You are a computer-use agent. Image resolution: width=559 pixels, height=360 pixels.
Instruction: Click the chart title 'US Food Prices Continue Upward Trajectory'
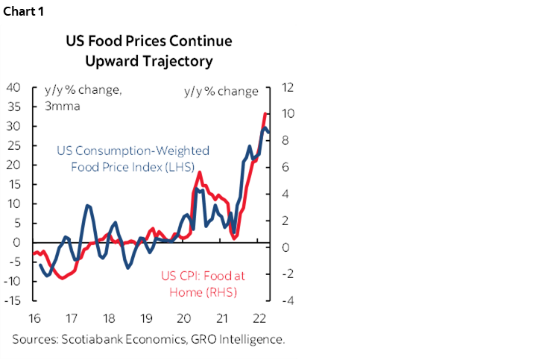[149, 50]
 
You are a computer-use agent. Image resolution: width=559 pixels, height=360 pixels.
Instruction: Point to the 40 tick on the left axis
[14, 87]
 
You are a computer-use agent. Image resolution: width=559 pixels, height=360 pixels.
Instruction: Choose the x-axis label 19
[148, 318]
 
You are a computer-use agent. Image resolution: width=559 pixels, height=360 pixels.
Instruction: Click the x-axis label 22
[260, 318]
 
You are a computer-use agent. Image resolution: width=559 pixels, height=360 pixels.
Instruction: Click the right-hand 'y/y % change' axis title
[221, 92]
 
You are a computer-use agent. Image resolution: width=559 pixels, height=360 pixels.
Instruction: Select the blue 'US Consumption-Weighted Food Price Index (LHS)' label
[133, 158]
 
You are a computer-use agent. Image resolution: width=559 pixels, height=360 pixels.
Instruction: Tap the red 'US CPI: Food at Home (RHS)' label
[203, 283]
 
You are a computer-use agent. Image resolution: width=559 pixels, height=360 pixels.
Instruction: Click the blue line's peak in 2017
[88, 205]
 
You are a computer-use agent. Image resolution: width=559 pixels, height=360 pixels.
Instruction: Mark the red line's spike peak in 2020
[200, 172]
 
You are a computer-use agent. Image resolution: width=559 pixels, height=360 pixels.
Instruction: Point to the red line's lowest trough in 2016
[61, 278]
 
